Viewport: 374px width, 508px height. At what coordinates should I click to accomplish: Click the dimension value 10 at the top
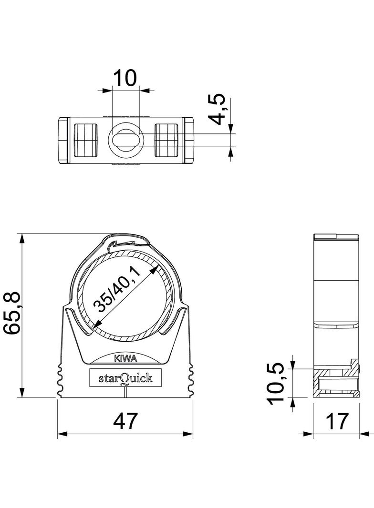[x=125, y=77]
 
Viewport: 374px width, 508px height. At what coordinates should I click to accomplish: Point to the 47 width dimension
[x=125, y=421]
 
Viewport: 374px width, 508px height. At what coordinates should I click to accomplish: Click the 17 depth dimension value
[x=336, y=421]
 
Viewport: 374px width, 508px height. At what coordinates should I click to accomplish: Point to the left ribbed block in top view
[x=86, y=140]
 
